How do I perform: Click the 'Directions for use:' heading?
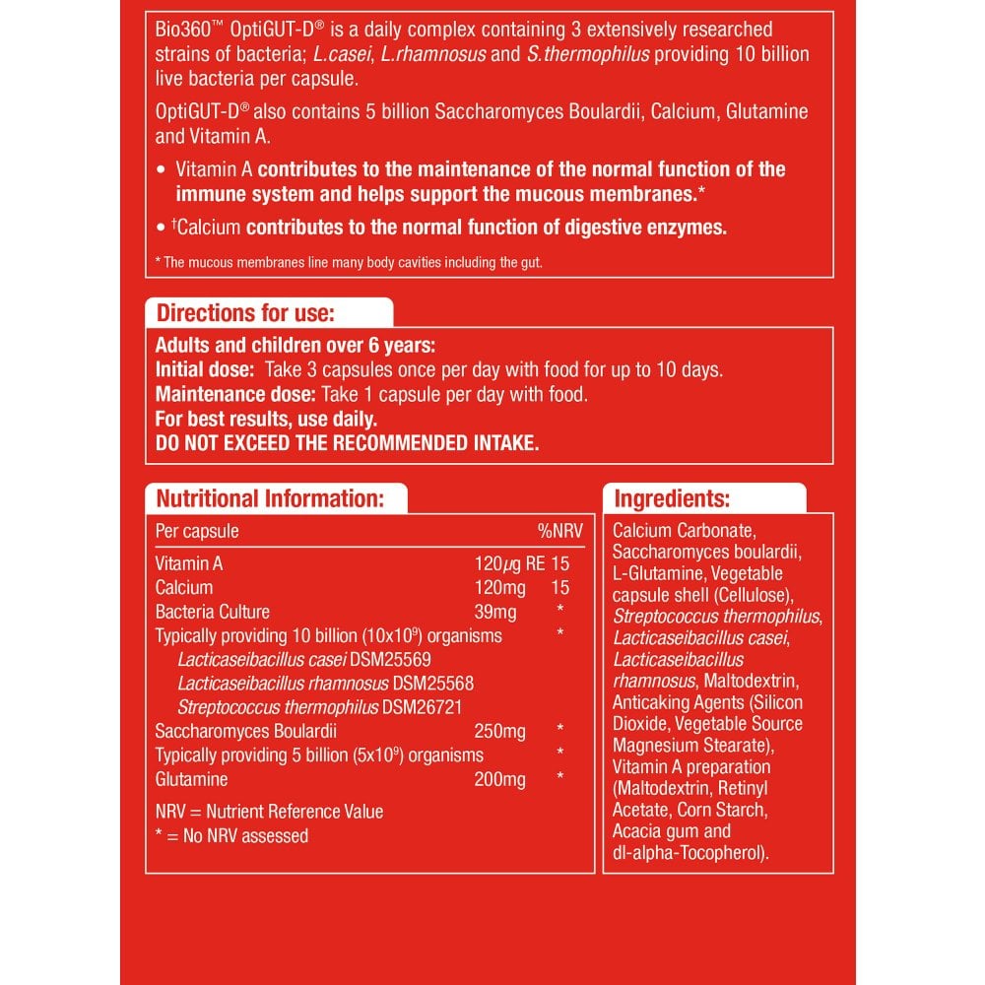[246, 314]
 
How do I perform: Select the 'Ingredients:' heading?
[672, 498]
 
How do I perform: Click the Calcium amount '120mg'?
[495, 588]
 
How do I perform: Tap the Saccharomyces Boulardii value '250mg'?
[499, 732]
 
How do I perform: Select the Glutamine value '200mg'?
[499, 779]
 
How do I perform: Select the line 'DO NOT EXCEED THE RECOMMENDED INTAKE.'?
[348, 443]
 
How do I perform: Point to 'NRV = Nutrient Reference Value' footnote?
[269, 812]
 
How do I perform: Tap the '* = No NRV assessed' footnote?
[232, 836]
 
